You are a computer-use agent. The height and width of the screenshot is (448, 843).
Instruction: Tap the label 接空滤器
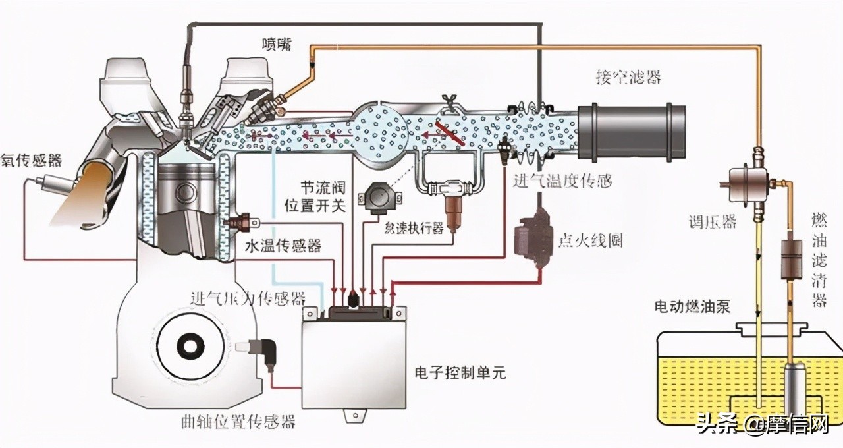pos(628,78)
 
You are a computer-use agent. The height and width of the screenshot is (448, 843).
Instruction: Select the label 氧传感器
pos(32,160)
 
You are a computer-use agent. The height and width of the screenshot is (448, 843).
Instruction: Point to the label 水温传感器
pos(283,246)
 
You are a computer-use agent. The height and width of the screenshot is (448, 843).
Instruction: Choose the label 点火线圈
pos(591,240)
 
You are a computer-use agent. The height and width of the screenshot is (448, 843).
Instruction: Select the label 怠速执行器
pos(414,229)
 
